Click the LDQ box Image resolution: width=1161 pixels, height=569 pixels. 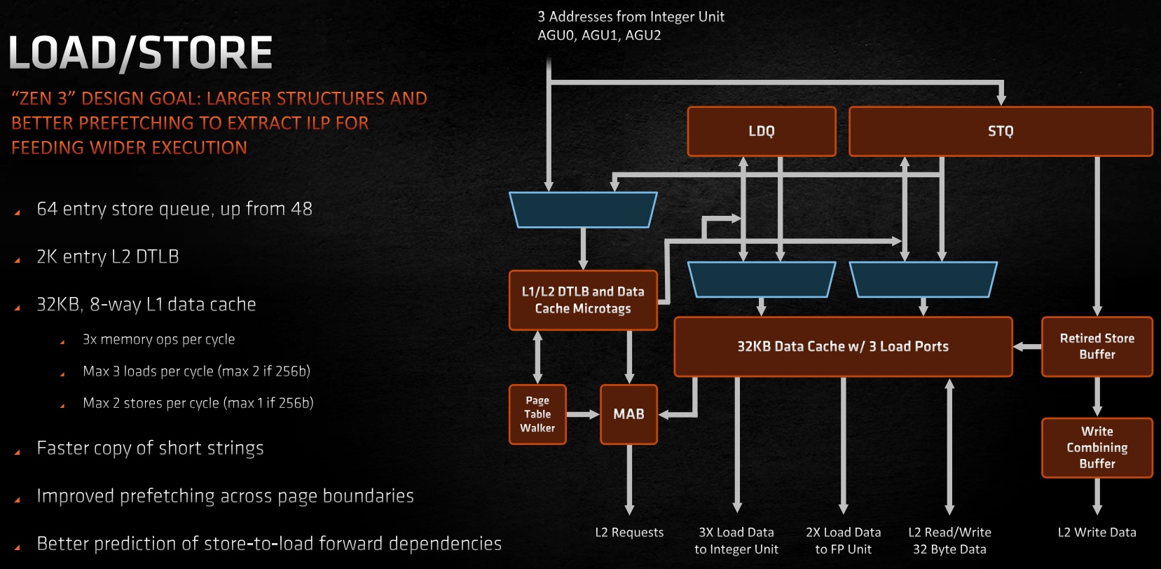click(x=762, y=131)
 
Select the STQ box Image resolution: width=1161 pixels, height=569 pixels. click(x=1001, y=131)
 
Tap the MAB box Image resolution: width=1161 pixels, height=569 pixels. click(x=628, y=414)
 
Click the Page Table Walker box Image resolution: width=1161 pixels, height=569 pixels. click(x=537, y=414)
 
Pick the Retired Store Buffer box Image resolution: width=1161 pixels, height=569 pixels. click(x=1097, y=346)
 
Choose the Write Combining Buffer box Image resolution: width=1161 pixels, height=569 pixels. click(x=1097, y=448)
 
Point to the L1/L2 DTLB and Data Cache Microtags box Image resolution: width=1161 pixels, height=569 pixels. click(x=583, y=300)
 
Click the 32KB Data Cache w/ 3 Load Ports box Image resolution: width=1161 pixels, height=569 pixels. click(x=843, y=346)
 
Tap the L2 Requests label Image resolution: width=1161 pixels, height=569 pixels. click(x=629, y=533)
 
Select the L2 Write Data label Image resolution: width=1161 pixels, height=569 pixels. click(x=1097, y=533)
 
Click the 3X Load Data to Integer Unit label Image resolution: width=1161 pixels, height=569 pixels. click(x=736, y=541)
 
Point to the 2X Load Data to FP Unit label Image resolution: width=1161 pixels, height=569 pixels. click(x=843, y=541)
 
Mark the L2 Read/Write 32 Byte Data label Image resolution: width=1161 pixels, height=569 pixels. click(x=949, y=541)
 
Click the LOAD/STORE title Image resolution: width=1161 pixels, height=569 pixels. click(x=140, y=53)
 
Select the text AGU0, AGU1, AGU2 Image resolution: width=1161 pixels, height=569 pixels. click(x=599, y=35)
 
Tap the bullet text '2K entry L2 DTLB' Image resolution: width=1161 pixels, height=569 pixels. click(x=108, y=257)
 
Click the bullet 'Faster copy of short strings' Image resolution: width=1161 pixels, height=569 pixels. click(x=150, y=448)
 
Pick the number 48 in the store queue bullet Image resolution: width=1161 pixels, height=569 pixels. click(x=301, y=209)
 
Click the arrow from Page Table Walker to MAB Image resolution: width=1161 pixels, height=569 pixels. click(x=582, y=414)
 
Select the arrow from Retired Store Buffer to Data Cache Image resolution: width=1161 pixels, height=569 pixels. click(x=1027, y=346)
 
